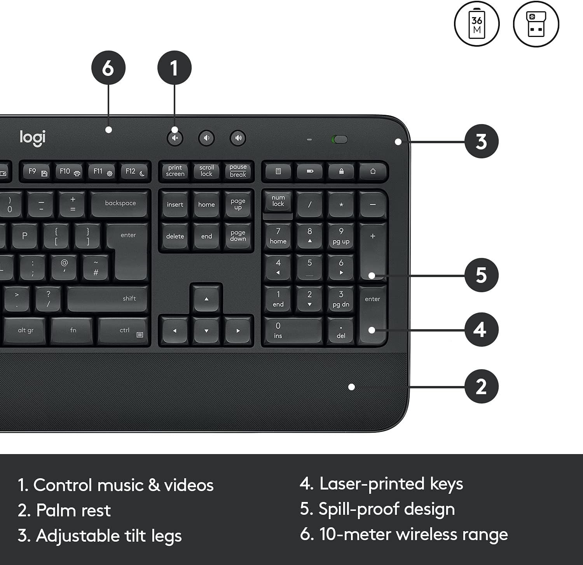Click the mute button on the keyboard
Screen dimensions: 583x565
tap(175, 138)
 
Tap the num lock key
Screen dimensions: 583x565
tap(278, 202)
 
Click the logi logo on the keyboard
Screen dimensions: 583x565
tap(33, 138)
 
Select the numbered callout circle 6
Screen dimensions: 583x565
tap(108, 68)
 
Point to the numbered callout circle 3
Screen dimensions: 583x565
tap(481, 141)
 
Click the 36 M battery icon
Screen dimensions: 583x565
tap(477, 24)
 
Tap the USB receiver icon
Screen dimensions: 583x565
tap(536, 24)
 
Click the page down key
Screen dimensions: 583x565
tap(238, 236)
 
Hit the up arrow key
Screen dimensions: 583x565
tap(206, 298)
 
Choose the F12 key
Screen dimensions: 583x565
tap(134, 171)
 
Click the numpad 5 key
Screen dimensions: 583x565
tap(309, 267)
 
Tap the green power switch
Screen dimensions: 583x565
tap(340, 139)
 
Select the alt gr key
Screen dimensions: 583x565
tap(26, 330)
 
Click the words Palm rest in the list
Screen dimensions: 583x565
tap(73, 510)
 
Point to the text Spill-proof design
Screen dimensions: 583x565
tap(386, 509)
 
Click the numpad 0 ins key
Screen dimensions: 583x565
tap(293, 330)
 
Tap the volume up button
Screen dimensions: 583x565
tap(238, 138)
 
